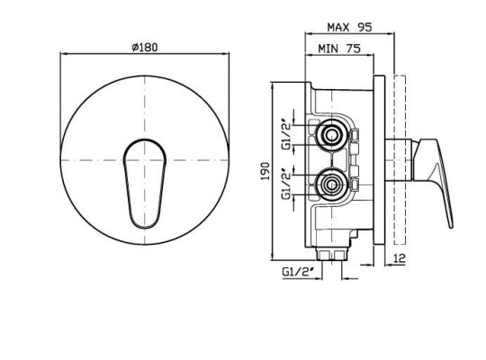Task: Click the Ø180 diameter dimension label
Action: (144, 47)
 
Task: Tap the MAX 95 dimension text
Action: (349, 27)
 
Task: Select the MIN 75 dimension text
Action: (339, 49)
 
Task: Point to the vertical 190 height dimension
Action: (265, 171)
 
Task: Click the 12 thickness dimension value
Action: (400, 258)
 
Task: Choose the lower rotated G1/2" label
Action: (287, 184)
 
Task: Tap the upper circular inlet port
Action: (331, 135)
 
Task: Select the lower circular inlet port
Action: (331, 185)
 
